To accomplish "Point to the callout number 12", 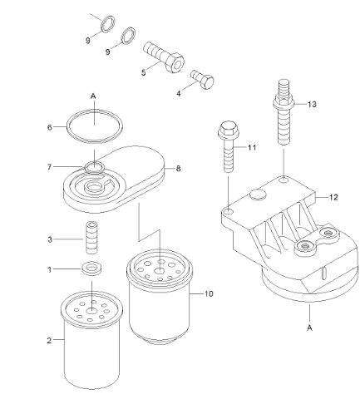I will pos(333,197).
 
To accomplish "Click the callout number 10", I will pos(208,293).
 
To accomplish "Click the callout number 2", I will pos(49,340).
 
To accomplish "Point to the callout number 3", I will pos(52,239).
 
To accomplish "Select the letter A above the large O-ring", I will pos(94,96).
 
